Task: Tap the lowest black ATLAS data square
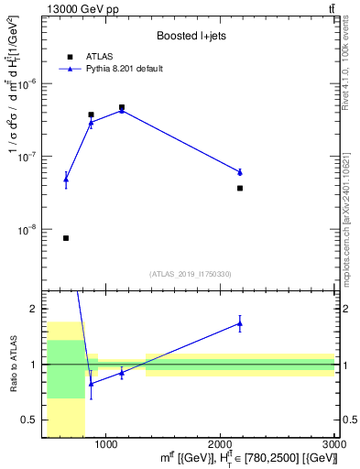[x=66, y=238]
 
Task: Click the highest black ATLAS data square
[x=121, y=107]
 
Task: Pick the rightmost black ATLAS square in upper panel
[x=240, y=188]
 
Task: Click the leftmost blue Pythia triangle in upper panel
[x=66, y=180]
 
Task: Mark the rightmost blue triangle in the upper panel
[x=240, y=172]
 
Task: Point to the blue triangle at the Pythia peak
[x=121, y=111]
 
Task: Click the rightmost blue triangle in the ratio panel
[x=240, y=323]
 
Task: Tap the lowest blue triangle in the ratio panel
[x=91, y=383]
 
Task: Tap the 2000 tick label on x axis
[x=220, y=443]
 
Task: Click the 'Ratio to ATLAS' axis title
[x=14, y=364]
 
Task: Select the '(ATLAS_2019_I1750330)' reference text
[x=189, y=274]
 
